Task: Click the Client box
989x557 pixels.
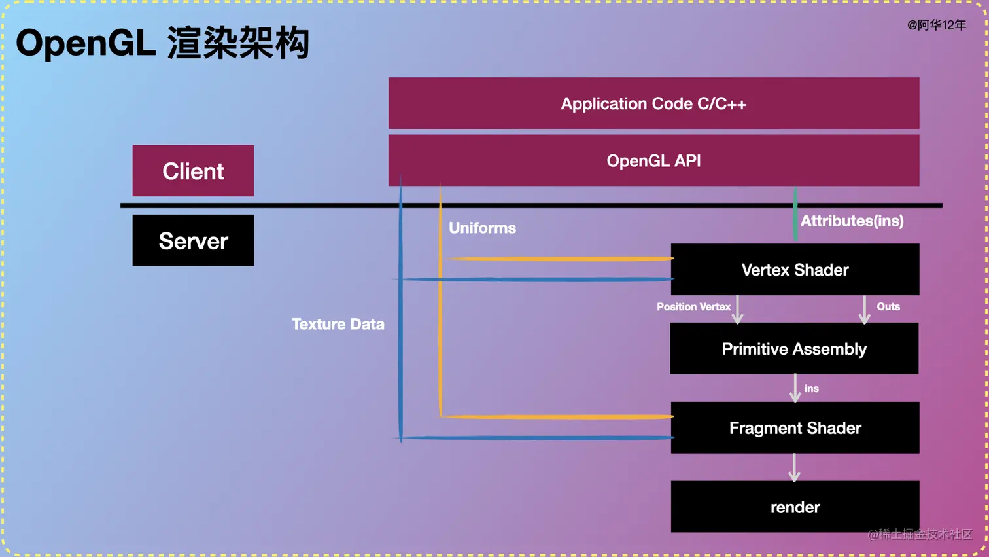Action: (x=193, y=171)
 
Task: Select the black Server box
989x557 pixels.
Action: (x=193, y=241)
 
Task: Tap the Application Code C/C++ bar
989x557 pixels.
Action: (x=653, y=103)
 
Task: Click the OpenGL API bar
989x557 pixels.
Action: (x=653, y=160)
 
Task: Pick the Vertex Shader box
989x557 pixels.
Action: (x=795, y=270)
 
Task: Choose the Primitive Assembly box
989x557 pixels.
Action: (x=794, y=349)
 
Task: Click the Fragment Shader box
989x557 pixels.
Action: (x=795, y=428)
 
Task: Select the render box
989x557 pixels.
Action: (x=795, y=507)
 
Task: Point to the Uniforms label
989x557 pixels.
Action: (x=482, y=228)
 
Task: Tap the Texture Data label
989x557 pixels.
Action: (x=338, y=324)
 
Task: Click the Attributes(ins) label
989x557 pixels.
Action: (x=852, y=221)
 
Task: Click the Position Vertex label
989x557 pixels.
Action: (x=693, y=306)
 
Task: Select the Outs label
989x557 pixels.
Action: (x=888, y=306)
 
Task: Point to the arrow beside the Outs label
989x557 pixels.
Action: (x=864, y=310)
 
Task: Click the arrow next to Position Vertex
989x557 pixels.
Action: (x=738, y=310)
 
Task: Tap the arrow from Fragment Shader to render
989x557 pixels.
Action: (x=794, y=467)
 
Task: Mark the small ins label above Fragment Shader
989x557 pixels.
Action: (x=811, y=389)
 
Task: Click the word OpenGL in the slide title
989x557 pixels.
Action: (x=86, y=43)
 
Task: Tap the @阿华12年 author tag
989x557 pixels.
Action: (x=936, y=25)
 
